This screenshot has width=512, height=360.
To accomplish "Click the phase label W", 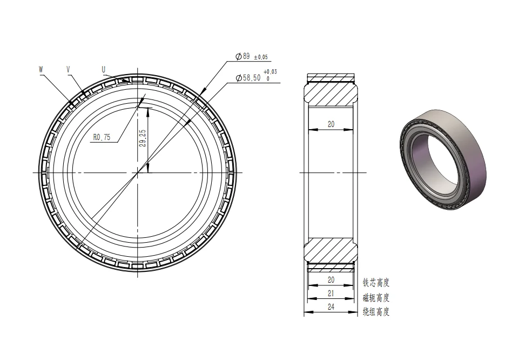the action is tap(41, 69).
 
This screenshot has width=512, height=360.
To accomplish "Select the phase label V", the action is tap(68, 69).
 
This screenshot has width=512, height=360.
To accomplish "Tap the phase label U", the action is tap(104, 69).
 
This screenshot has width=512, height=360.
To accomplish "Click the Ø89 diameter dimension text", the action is tap(243, 56).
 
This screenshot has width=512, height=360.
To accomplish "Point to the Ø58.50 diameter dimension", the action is tap(248, 78).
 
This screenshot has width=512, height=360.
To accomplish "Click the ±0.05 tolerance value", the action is tap(260, 57).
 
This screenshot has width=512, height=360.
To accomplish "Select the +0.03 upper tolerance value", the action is tap(270, 71).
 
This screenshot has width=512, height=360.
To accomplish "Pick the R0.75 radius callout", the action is tap(102, 137).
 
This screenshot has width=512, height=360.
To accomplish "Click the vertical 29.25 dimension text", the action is tap(143, 138).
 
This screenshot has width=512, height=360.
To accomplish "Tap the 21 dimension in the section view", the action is tap(331, 294).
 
